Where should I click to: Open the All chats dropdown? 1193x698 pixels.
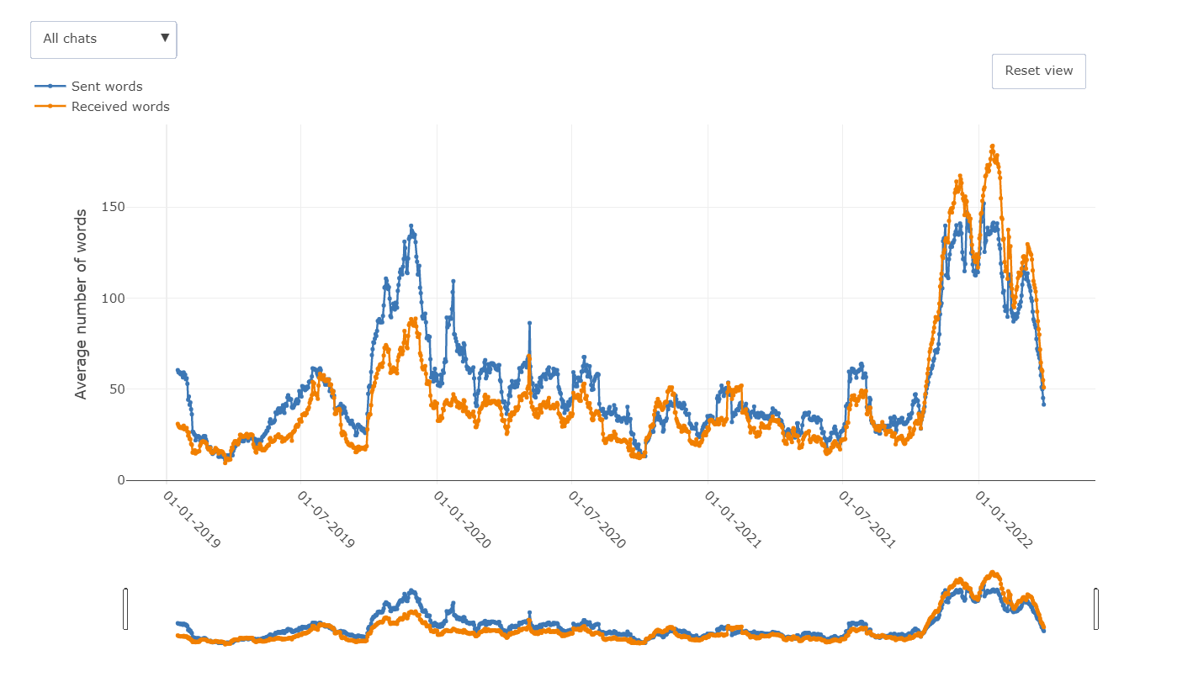coord(103,40)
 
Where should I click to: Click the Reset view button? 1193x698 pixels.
coord(1038,71)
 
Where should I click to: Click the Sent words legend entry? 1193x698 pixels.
coord(106,87)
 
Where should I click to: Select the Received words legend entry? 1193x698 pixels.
coord(119,107)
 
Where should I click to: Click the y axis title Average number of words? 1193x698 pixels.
coord(82,304)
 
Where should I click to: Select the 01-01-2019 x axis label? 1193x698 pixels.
coord(191,521)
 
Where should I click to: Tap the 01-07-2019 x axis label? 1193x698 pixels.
coord(326,521)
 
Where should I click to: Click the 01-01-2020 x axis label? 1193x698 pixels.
coord(462,521)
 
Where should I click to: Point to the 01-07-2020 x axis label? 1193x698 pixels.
coord(597,521)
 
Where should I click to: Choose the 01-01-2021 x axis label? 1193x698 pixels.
coord(733,521)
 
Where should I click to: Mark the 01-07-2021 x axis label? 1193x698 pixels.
coord(868,521)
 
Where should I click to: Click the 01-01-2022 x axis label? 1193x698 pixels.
coord(1004,521)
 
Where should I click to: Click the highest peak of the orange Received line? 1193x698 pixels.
coord(993,146)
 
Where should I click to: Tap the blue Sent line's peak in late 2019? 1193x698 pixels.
coord(411,226)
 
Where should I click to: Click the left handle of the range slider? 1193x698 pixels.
coord(125,609)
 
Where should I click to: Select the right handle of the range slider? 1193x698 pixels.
coord(1096,609)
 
